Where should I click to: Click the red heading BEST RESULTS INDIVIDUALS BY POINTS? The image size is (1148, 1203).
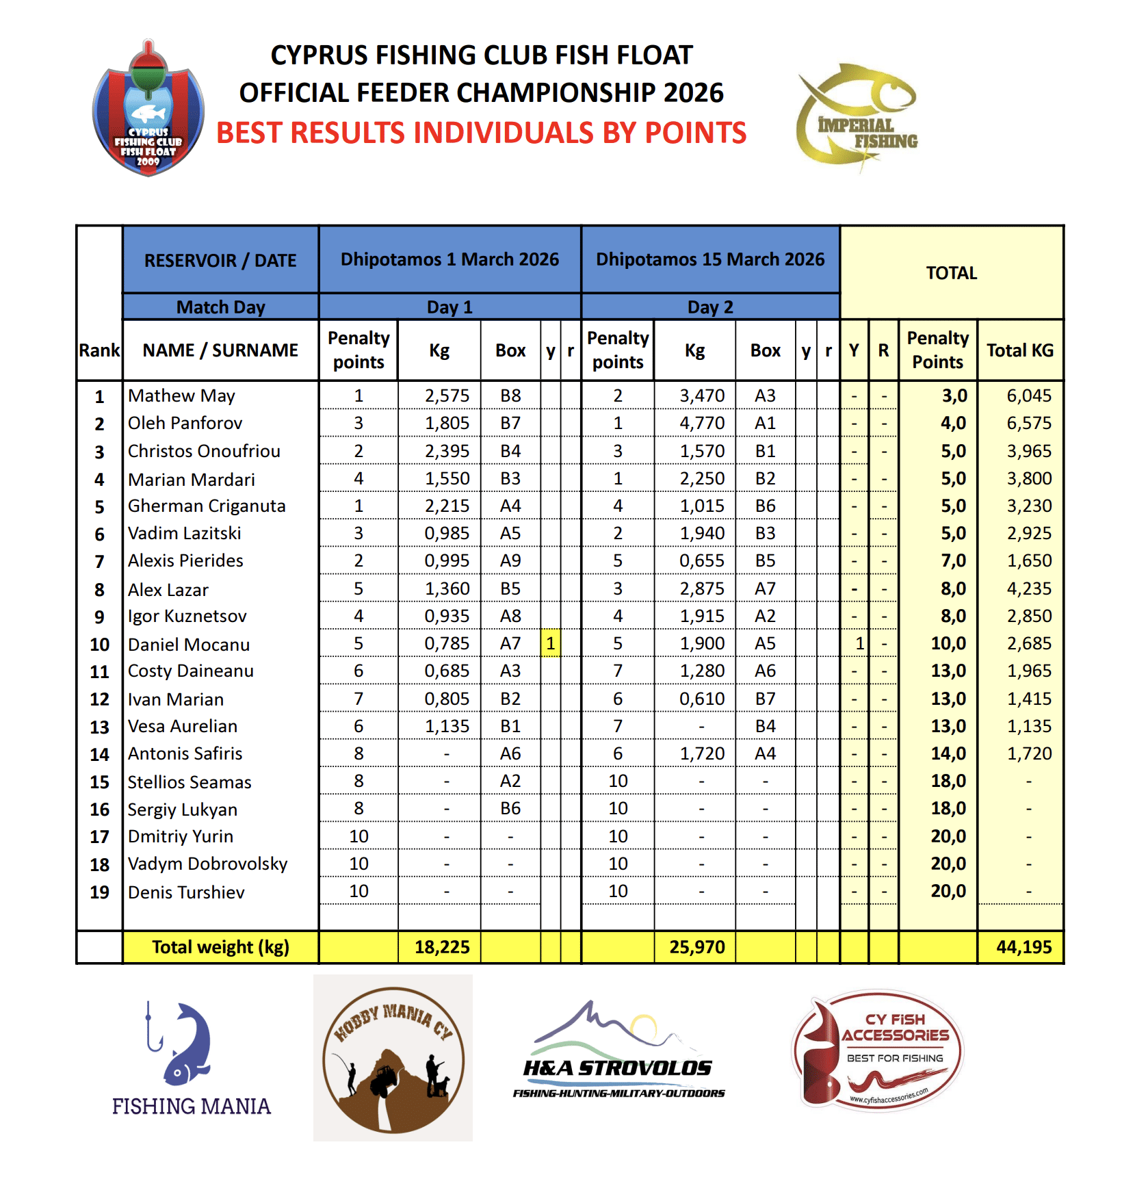[x=481, y=133]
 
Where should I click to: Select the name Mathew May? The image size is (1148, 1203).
[x=181, y=396]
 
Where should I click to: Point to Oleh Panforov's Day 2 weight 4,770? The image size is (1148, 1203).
[x=701, y=424]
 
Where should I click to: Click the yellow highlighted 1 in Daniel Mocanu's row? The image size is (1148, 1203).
[x=551, y=644]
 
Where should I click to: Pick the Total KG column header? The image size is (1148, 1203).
[x=1019, y=350]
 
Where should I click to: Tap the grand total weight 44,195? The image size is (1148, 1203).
[x=1023, y=947]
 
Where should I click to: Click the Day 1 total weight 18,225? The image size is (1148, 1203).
[x=442, y=947]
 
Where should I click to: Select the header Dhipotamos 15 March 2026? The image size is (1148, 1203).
[x=710, y=259]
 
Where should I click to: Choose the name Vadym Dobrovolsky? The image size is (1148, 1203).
[x=207, y=864]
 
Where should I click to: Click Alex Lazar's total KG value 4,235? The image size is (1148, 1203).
[x=1029, y=589]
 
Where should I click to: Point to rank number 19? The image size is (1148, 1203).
[x=100, y=892]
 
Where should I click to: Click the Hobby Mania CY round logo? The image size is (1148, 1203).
[x=393, y=1058]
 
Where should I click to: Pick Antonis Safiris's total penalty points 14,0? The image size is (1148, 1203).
[x=948, y=754]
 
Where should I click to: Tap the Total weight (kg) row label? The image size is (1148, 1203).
[x=220, y=947]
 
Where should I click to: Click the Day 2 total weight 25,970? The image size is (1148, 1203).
[x=696, y=947]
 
